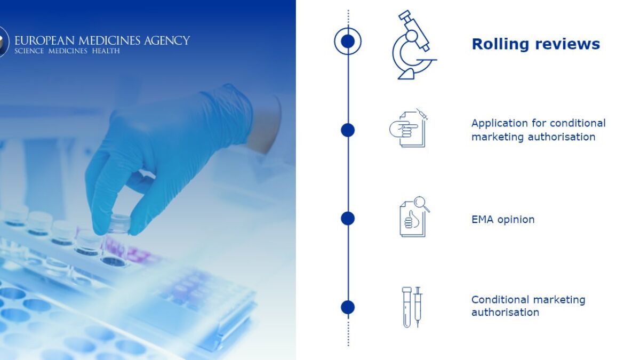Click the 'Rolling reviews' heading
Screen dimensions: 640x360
pos(535,44)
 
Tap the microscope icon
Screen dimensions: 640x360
pos(414,45)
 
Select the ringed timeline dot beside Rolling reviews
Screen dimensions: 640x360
pos(348,42)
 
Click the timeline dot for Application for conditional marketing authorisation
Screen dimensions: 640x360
pos(348,130)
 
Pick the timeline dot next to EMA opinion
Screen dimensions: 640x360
pos(348,219)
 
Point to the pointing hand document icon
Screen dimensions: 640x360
pos(409,128)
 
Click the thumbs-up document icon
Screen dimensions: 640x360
pos(414,217)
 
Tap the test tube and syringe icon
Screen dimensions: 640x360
pos(412,307)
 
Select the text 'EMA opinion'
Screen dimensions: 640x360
pos(503,219)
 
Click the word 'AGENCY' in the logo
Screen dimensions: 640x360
pos(167,41)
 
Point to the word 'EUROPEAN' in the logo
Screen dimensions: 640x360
pos(45,41)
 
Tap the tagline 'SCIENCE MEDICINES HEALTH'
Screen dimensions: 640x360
pos(67,51)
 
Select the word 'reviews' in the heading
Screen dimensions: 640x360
pos(567,44)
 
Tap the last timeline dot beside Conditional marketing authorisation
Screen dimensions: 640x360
pos(348,307)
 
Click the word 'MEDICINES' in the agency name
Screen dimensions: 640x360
pos(109,41)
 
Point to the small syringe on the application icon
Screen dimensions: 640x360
pos(422,114)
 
